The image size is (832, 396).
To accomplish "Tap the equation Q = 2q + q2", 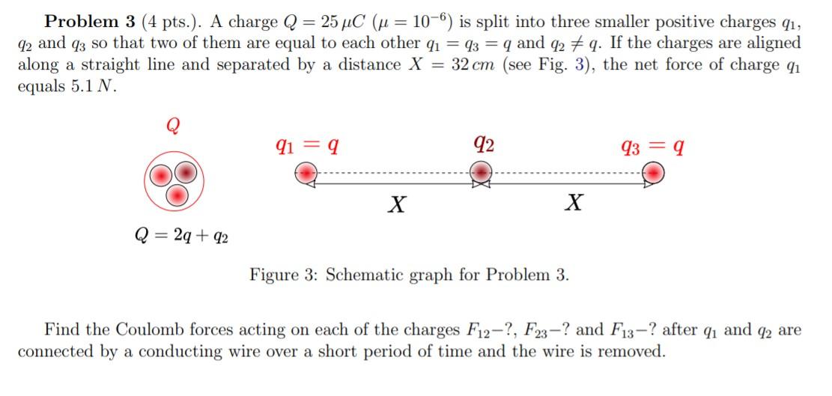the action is pyautogui.click(x=182, y=237).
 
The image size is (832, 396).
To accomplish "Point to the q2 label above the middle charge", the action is pyautogui.click(x=484, y=142).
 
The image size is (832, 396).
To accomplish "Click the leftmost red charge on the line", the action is pyautogui.click(x=306, y=174).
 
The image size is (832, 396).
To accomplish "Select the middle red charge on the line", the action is pyautogui.click(x=480, y=174).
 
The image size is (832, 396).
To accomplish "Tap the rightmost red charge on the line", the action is pyautogui.click(x=655, y=174).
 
